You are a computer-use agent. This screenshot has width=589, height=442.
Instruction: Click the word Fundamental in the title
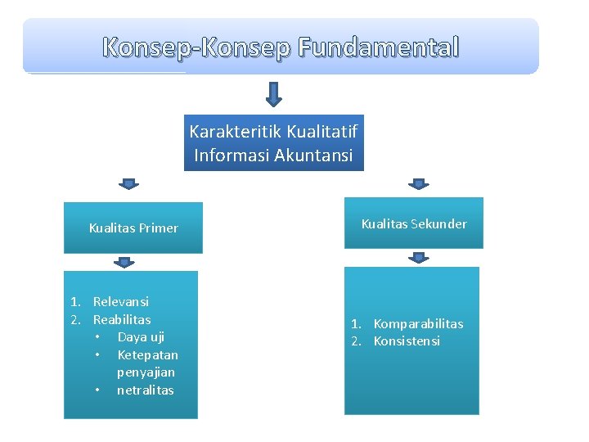coord(379,47)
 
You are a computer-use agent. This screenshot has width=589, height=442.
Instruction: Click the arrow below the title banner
coord(274,93)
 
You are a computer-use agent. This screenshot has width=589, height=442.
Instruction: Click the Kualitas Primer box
coord(133,228)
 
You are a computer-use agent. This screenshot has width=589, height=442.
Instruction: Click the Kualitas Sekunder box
coord(414,223)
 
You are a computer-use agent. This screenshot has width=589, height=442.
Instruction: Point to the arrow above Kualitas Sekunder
coord(419,184)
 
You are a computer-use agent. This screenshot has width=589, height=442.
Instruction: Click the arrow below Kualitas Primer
coord(124,262)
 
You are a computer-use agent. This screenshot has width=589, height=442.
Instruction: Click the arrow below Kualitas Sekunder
coord(419,258)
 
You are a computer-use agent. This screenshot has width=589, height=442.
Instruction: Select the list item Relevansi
coord(121,302)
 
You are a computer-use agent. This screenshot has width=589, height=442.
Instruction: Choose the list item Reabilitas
coord(122,319)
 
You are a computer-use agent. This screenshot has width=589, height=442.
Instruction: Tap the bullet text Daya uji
coord(141,337)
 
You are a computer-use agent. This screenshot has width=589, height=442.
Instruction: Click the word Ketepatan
coord(147,354)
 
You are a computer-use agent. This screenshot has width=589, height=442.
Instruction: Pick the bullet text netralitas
coord(146,390)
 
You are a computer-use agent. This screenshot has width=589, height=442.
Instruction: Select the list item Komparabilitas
coord(418,323)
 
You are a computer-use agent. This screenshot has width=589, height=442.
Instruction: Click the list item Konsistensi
coord(407,341)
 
